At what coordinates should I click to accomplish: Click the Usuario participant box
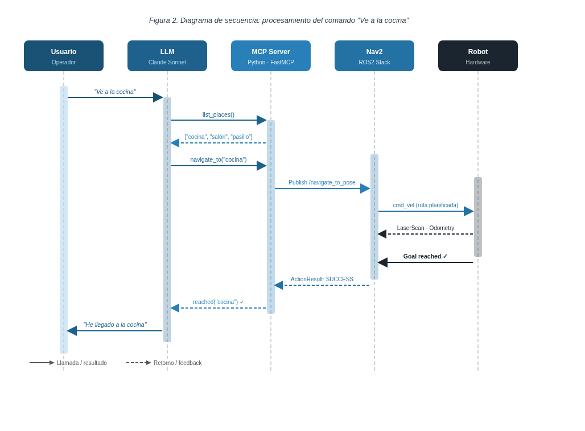[x=64, y=56]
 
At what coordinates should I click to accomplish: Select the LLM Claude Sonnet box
[x=167, y=56]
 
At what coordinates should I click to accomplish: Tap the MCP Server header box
[x=271, y=56]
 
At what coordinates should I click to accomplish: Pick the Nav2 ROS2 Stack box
[x=374, y=56]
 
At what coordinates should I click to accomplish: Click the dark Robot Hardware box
[x=478, y=56]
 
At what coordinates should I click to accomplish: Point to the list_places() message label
[x=219, y=114]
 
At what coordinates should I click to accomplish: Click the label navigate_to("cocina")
[x=219, y=160]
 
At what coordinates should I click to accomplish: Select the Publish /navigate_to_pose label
[x=322, y=182]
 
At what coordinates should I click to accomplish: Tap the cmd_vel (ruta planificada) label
[x=425, y=205]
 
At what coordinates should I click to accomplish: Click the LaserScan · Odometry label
[x=425, y=228]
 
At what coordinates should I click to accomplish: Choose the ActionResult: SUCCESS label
[x=322, y=279]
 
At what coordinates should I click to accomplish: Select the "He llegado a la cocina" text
[x=115, y=325]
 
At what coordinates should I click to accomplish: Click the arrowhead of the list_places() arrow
[x=262, y=120]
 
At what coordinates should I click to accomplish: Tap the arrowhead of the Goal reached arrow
[x=382, y=262]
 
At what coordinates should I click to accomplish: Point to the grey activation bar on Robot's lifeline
[x=478, y=217]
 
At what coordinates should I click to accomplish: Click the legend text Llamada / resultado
[x=82, y=363]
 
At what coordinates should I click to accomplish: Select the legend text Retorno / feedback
[x=178, y=363]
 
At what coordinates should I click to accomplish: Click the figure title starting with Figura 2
[x=279, y=20]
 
